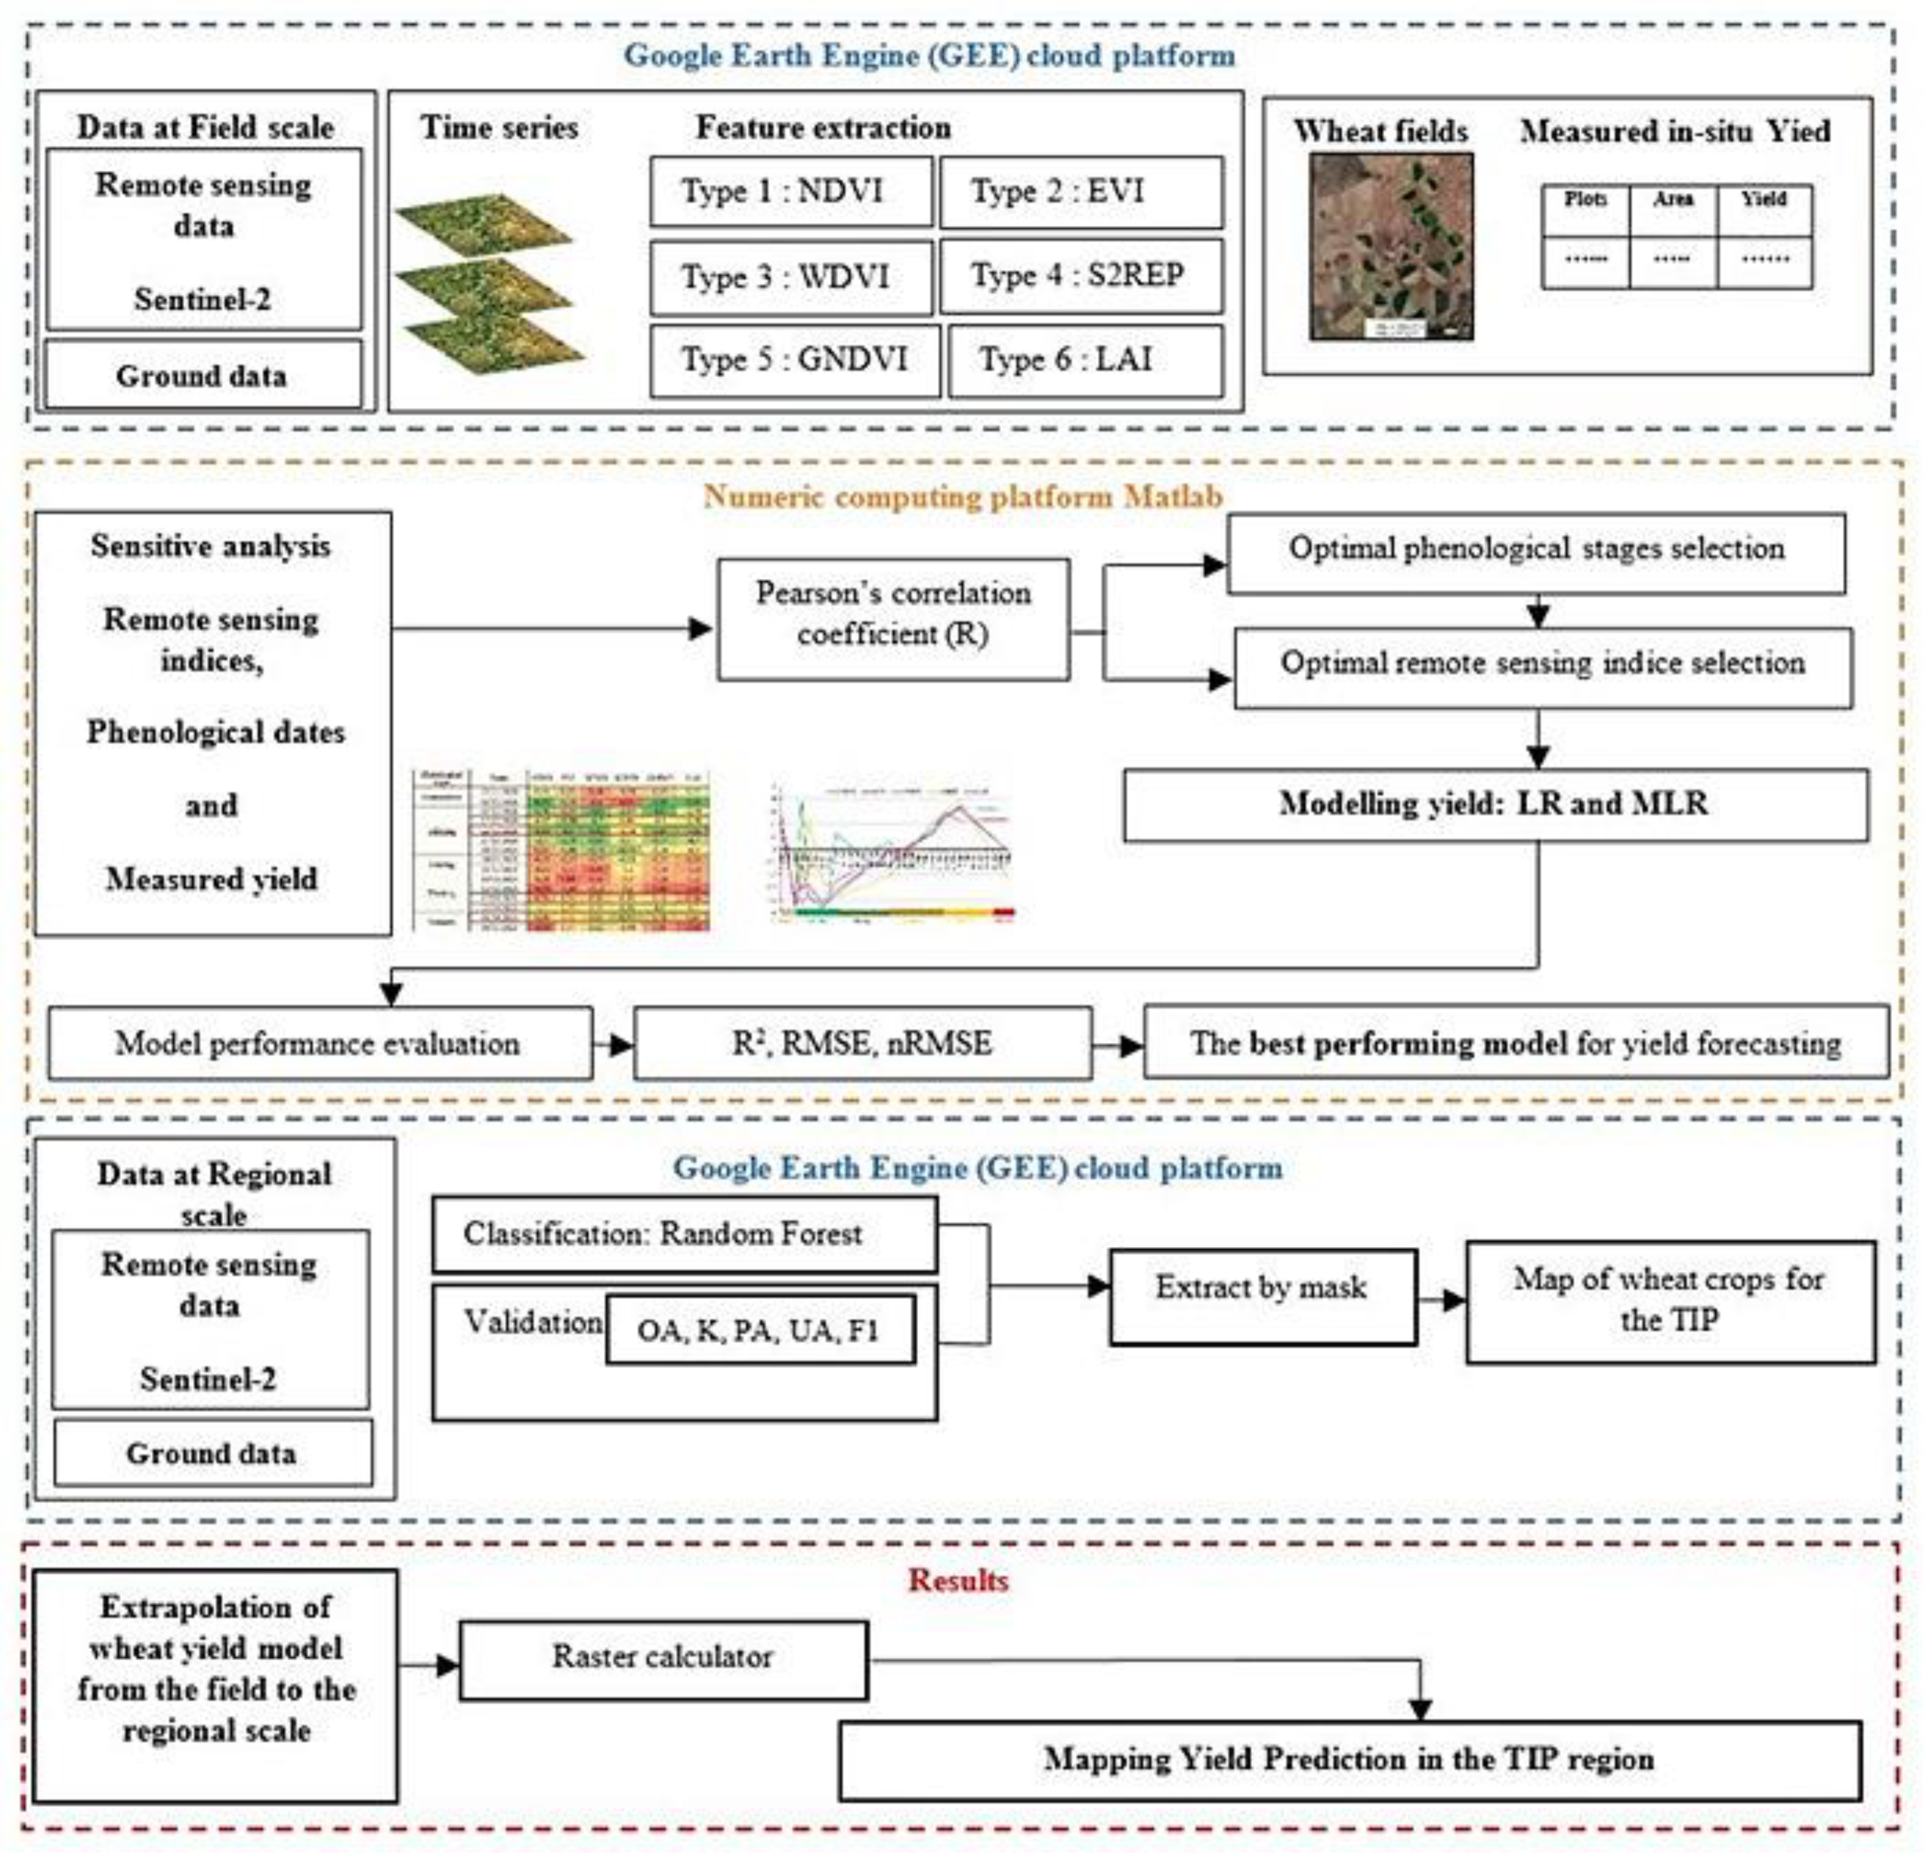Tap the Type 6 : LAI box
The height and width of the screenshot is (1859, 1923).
click(1085, 360)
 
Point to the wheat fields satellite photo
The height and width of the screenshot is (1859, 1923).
click(1390, 246)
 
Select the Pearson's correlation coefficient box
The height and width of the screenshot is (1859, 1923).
click(893, 618)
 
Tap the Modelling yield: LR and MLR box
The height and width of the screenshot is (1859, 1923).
click(1495, 804)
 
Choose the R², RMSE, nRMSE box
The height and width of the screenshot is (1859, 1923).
click(861, 1043)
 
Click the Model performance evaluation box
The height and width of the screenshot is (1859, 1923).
click(319, 1043)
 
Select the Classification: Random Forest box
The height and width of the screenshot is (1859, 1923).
click(684, 1234)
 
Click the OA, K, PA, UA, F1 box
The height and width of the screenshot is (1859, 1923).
click(759, 1330)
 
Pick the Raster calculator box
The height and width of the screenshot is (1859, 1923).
click(663, 1657)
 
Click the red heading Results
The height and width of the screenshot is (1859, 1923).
click(957, 1580)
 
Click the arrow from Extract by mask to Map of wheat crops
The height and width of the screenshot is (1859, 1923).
click(1441, 1302)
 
